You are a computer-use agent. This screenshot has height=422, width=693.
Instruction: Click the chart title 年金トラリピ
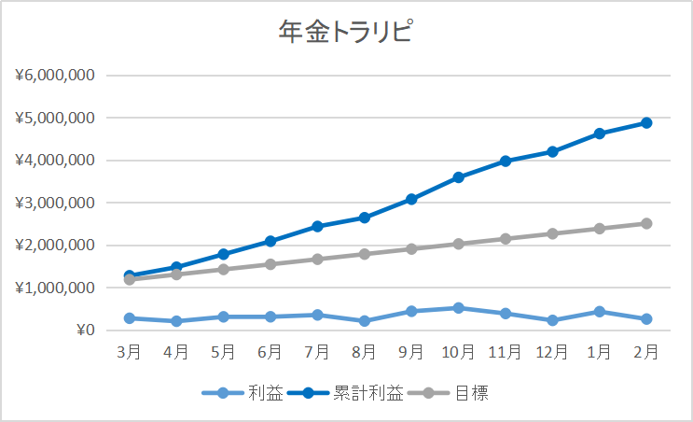pyautogui.click(x=346, y=31)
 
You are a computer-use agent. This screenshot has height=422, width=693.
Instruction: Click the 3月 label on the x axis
pyautogui.click(x=130, y=352)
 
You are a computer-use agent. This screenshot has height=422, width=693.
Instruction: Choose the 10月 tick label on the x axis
pyautogui.click(x=458, y=352)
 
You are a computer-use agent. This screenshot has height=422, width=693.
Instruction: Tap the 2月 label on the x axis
pyautogui.click(x=645, y=352)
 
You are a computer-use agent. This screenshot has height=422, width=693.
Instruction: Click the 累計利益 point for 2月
pyautogui.click(x=645, y=122)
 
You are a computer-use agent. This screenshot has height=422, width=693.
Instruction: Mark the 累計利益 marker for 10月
pyautogui.click(x=458, y=177)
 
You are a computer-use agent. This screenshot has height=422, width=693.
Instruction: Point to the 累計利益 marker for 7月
pyautogui.click(x=317, y=226)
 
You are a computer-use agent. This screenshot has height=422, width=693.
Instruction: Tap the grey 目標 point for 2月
pyautogui.click(x=645, y=223)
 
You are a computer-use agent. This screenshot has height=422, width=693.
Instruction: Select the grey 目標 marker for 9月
pyautogui.click(x=411, y=249)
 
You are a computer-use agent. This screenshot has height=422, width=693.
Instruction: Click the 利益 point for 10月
pyautogui.click(x=458, y=307)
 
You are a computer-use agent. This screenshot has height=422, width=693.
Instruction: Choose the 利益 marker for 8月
pyautogui.click(x=364, y=321)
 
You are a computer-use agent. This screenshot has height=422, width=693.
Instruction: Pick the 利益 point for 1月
pyautogui.click(x=599, y=312)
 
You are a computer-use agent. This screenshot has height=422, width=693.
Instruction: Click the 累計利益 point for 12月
pyautogui.click(x=552, y=151)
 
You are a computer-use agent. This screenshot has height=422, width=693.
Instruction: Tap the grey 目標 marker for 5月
pyautogui.click(x=224, y=269)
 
